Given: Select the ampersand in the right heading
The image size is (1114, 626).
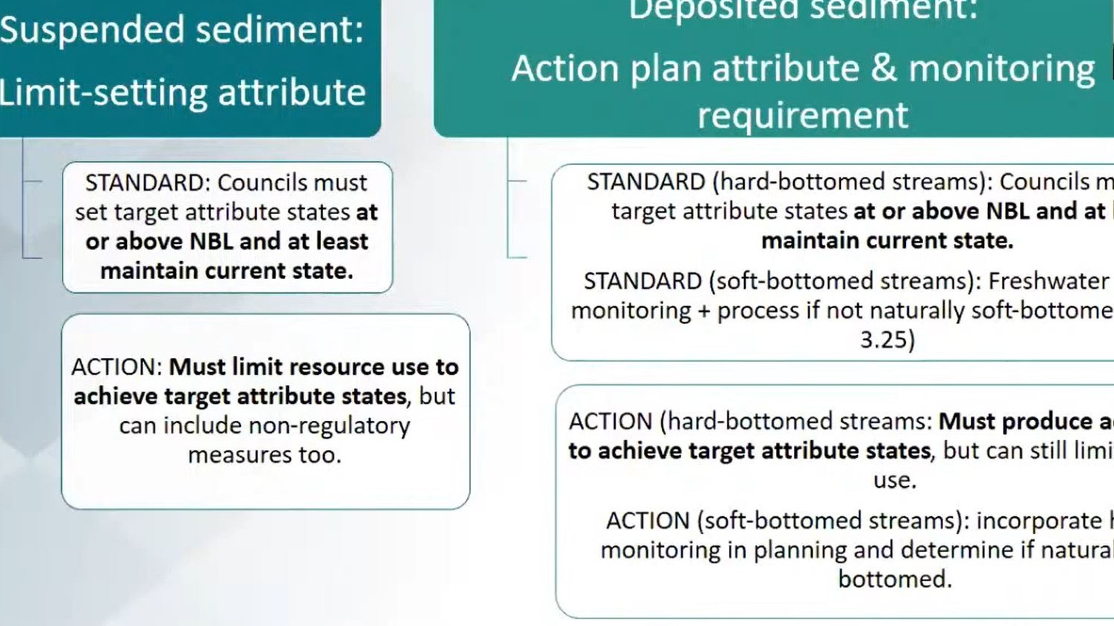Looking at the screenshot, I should click(x=883, y=69).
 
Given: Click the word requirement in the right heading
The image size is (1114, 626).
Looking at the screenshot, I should click(x=803, y=116).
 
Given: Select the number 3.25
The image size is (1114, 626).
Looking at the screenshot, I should click(x=886, y=340).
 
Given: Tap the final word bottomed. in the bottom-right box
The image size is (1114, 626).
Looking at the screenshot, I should click(x=895, y=580).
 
